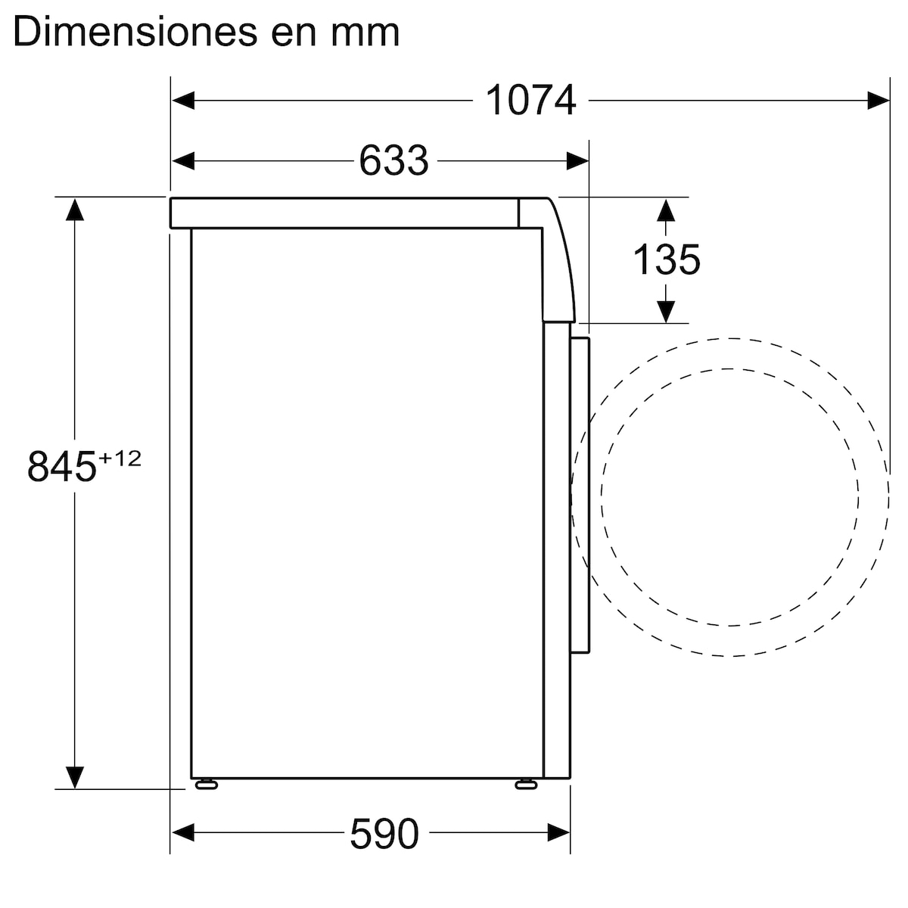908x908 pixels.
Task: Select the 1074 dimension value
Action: (530, 101)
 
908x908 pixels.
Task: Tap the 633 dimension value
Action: (393, 160)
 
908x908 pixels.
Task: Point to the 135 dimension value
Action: (666, 260)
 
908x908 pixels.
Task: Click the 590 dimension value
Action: (384, 834)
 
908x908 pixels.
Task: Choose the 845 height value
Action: (62, 466)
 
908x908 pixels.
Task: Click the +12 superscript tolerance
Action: (120, 459)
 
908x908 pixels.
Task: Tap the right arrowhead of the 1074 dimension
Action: (878, 101)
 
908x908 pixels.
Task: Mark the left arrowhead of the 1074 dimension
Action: (183, 101)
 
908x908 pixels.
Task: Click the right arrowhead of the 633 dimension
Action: (578, 160)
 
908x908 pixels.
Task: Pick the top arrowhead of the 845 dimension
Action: (74, 209)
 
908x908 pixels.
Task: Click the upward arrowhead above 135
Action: (665, 210)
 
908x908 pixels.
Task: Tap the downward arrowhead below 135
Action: (665, 311)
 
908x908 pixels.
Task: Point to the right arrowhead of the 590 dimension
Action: (559, 834)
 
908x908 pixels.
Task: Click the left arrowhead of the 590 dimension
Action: (183, 834)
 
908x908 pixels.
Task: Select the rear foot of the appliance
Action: (206, 784)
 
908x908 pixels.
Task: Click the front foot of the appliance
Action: (525, 784)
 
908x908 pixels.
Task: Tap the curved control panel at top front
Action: (558, 261)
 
